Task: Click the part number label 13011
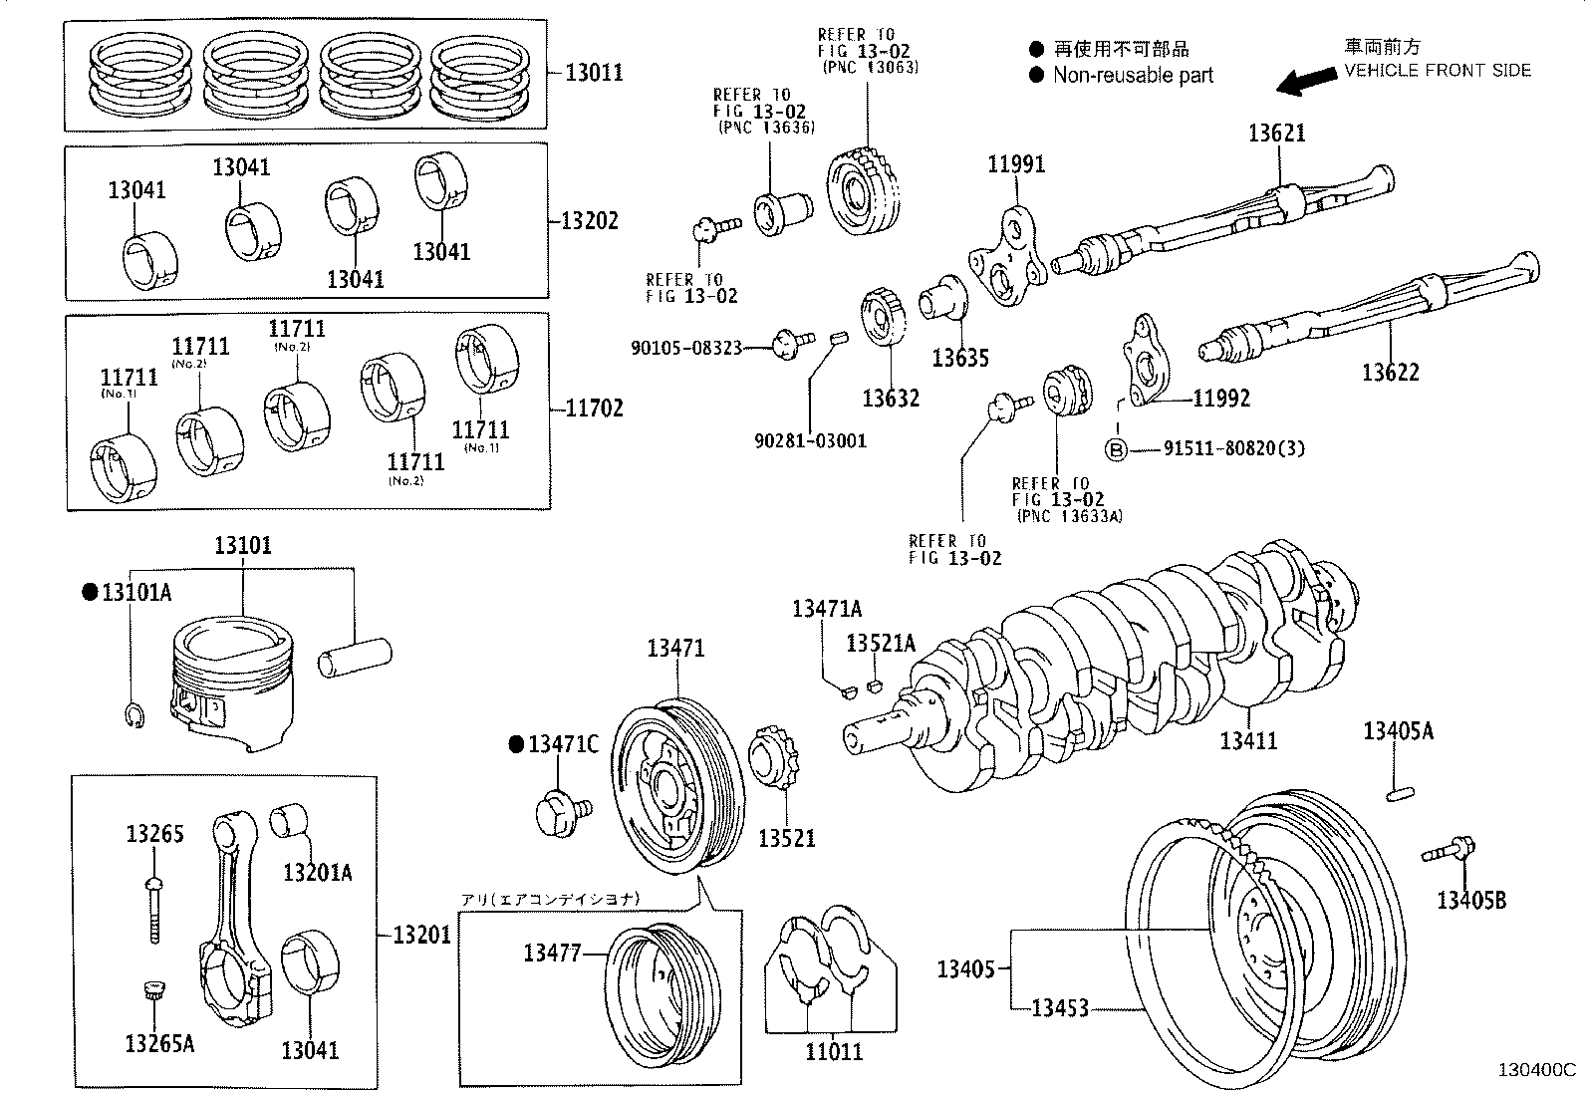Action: click(x=594, y=72)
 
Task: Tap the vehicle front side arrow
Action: click(x=1308, y=81)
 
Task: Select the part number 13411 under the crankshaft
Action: click(x=1248, y=740)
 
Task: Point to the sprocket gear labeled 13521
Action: click(x=773, y=769)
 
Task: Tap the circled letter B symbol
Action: click(x=1117, y=449)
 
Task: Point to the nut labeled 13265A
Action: click(x=152, y=992)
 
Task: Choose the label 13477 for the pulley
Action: click(x=551, y=953)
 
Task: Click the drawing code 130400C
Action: click(x=1536, y=1070)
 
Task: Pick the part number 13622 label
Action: click(x=1390, y=373)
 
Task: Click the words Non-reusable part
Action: click(x=1133, y=75)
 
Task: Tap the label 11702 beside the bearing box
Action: click(x=594, y=408)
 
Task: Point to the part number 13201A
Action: click(x=317, y=873)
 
